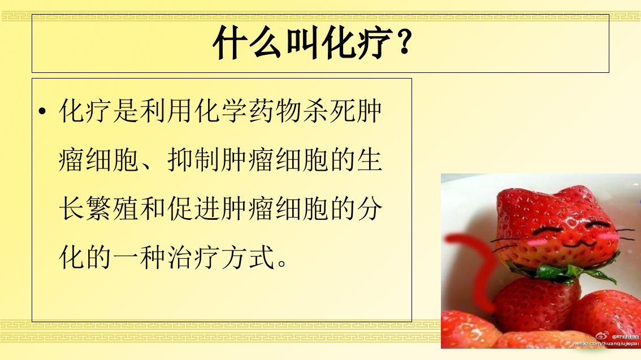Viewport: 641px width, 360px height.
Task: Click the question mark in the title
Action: tap(404, 42)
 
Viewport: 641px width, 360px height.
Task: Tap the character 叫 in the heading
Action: tap(302, 42)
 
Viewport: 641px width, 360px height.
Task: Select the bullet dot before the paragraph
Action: tap(42, 111)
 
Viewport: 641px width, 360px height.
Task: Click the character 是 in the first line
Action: tap(125, 111)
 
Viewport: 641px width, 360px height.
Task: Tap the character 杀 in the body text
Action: tap(315, 111)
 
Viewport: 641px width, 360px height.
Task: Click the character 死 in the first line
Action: tap(342, 111)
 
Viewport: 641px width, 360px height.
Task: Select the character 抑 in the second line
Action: tap(180, 160)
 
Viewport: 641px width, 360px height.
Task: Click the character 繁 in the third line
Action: tap(98, 209)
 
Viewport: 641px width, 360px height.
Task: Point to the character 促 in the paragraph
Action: tap(180, 209)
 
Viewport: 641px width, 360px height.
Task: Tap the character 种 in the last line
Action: tap(153, 257)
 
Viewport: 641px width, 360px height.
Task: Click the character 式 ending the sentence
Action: tap(261, 257)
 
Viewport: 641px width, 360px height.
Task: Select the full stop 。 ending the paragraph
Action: tap(282, 262)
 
